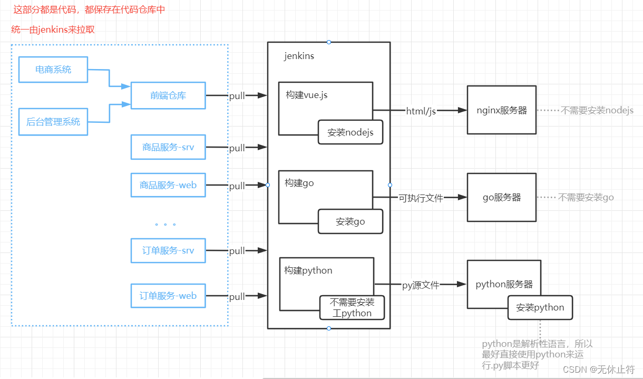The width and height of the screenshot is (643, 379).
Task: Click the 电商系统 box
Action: point(53,70)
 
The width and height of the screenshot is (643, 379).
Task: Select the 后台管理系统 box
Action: point(53,122)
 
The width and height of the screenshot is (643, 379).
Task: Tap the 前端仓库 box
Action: point(168,95)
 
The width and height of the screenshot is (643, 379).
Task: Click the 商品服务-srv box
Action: point(168,147)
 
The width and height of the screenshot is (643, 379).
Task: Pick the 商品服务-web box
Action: point(168,185)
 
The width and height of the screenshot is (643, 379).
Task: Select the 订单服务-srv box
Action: point(168,250)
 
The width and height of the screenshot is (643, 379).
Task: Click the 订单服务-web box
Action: point(168,296)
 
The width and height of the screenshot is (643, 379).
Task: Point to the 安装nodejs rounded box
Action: point(350,132)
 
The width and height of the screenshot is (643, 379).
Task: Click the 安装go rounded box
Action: point(350,221)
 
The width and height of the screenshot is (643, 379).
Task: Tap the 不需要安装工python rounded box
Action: point(352,307)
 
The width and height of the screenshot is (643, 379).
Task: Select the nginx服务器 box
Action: point(501,110)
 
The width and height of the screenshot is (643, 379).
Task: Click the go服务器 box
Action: point(501,197)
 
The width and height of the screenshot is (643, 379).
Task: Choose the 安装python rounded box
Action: point(540,307)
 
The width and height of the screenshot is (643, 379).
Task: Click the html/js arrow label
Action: point(421,111)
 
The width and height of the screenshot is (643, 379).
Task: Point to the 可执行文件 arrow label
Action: point(420,198)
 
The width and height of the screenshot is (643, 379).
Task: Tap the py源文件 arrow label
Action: point(421,285)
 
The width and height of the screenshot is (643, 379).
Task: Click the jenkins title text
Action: point(299,56)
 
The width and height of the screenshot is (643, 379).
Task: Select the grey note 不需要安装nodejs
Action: point(597,111)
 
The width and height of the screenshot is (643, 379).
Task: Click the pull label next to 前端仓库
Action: point(237,96)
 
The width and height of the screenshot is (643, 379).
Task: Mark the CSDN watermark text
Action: point(598,370)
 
